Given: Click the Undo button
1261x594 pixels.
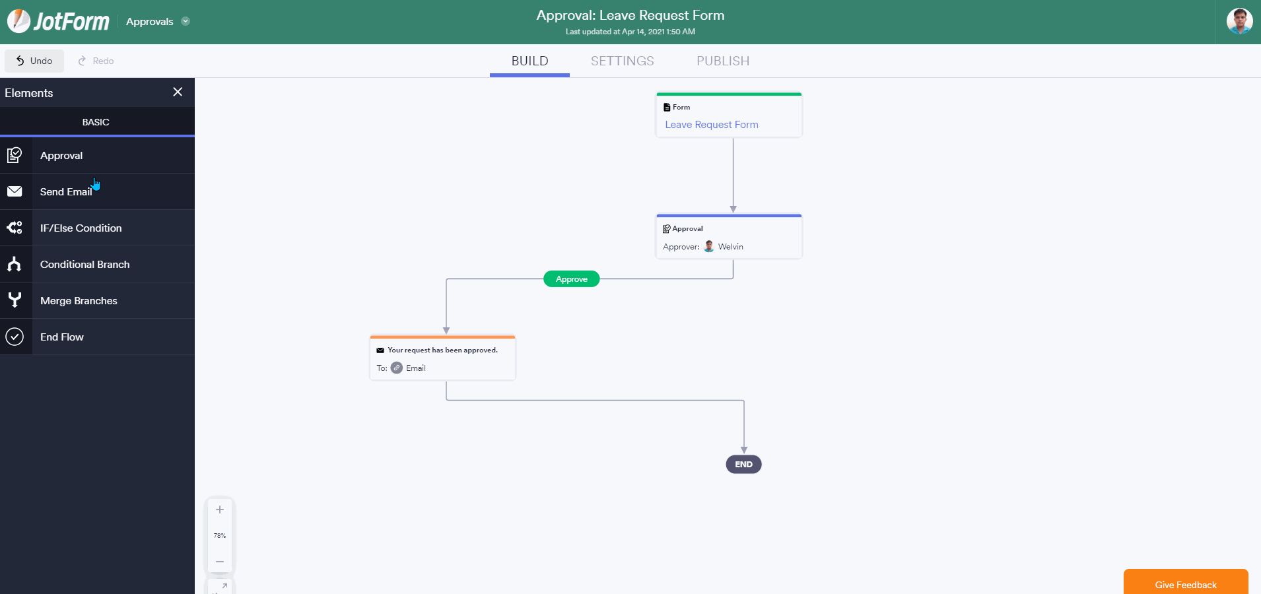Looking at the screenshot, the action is (34, 61).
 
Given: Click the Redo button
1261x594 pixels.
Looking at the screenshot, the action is (96, 61).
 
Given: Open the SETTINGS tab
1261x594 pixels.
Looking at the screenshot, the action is (622, 61).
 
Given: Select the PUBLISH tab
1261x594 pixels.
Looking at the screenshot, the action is (723, 61).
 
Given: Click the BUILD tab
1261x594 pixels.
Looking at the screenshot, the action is (529, 61).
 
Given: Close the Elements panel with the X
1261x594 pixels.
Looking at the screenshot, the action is (178, 92).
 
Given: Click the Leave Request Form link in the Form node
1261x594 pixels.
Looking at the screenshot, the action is (712, 125).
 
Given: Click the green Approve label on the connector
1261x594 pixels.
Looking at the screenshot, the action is (572, 279).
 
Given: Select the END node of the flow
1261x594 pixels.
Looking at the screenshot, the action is (744, 465).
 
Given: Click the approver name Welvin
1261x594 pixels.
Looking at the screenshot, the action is (730, 247).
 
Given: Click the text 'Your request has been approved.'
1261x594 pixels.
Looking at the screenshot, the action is (442, 350).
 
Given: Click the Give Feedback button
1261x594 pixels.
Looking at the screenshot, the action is (1186, 583).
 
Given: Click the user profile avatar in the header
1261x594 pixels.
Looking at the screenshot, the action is (1239, 21).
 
